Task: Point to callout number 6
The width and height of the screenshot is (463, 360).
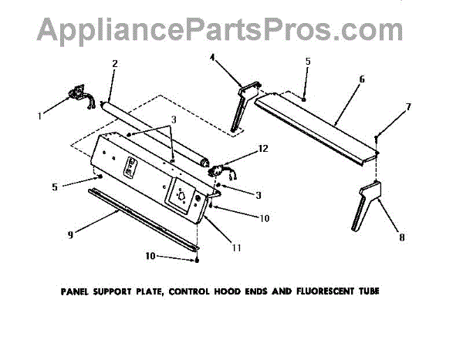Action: click(x=362, y=79)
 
